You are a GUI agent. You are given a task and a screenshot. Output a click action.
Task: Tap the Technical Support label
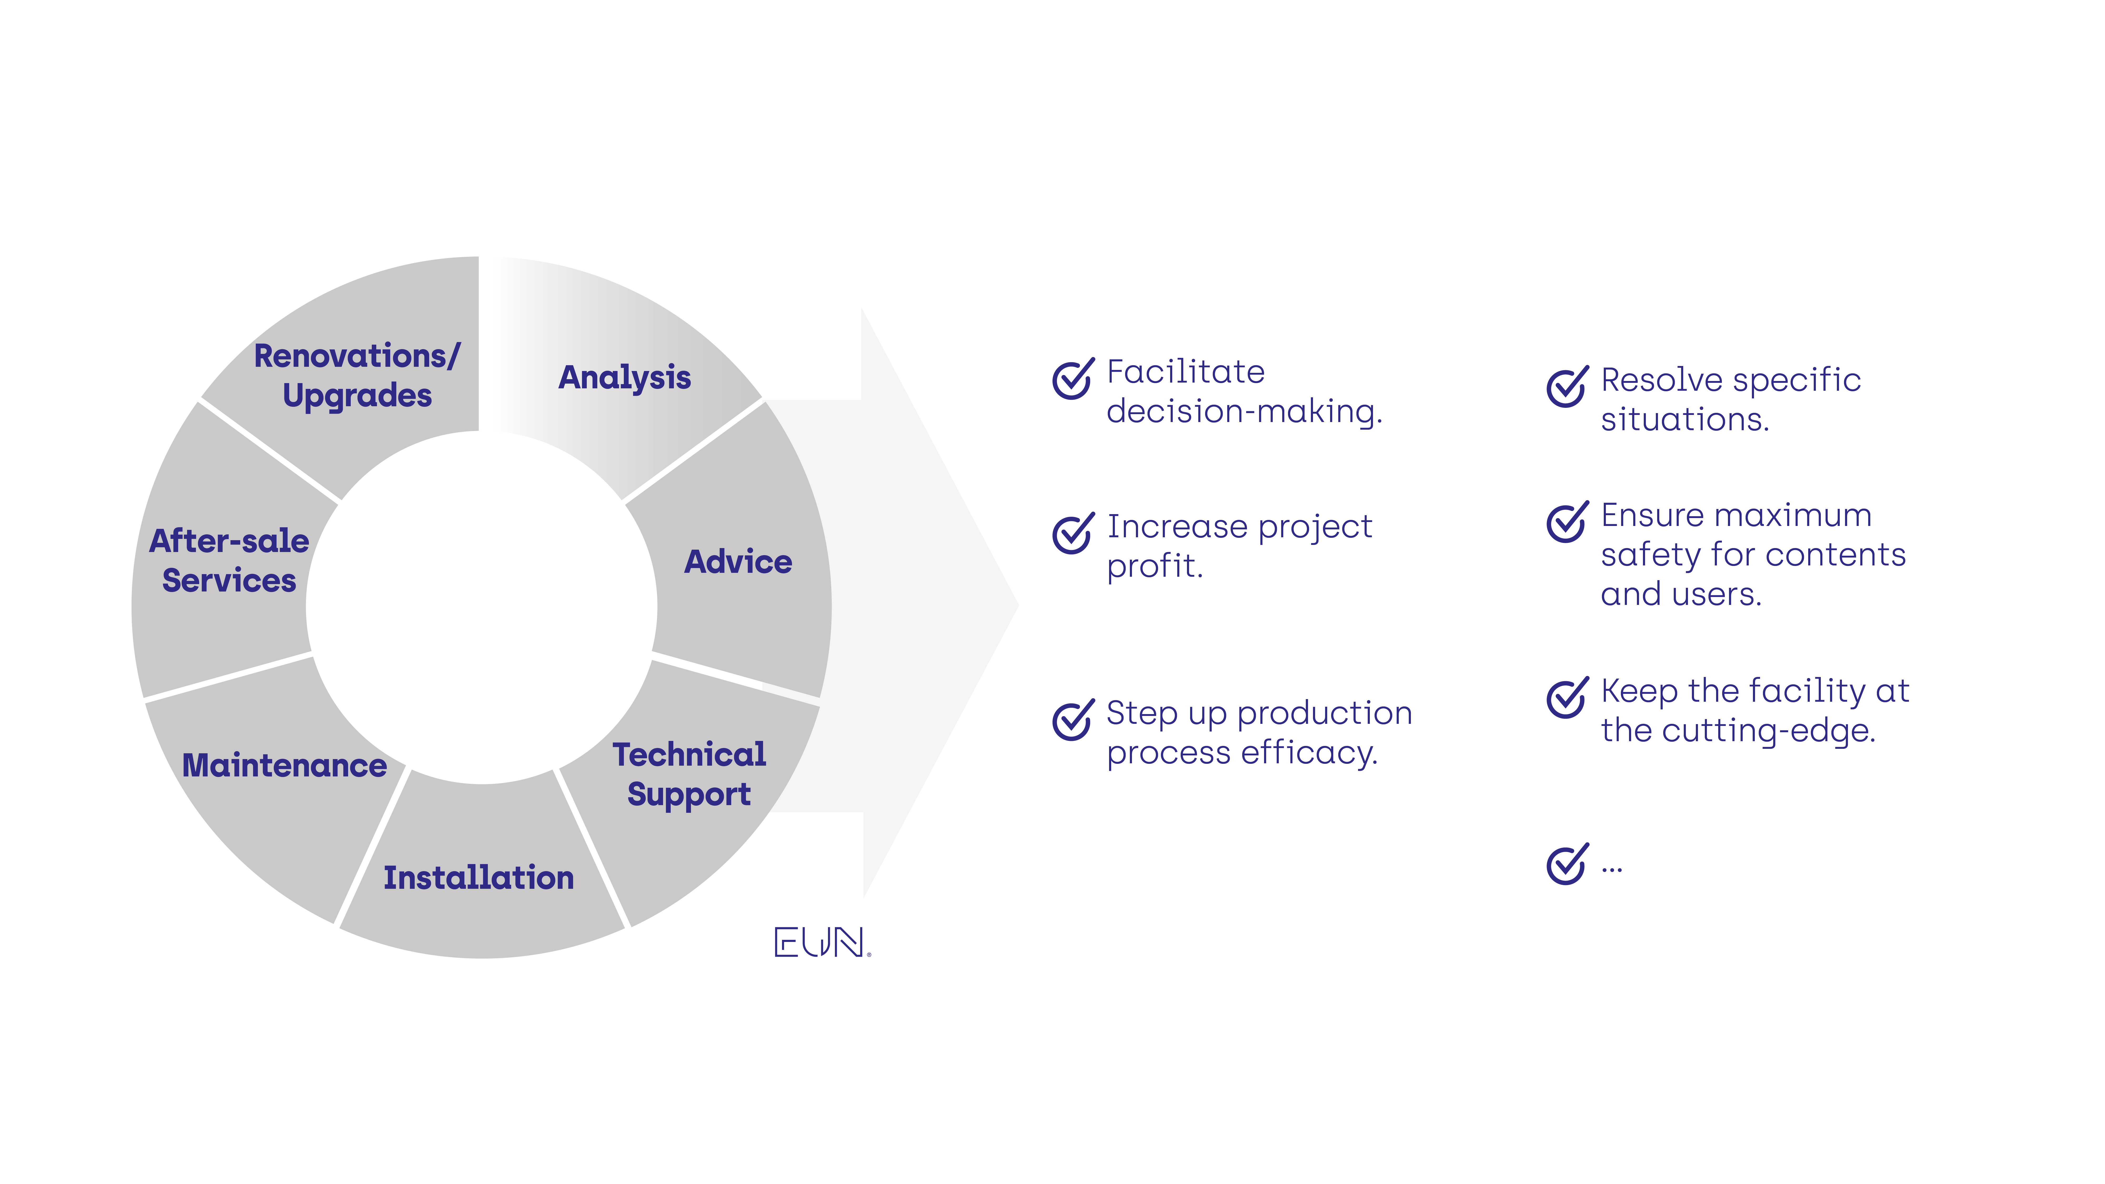689,774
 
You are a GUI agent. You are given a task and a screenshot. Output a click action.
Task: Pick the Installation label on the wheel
479,877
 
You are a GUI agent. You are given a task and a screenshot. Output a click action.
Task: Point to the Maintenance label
284,766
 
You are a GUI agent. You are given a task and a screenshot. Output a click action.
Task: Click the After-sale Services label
229,560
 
